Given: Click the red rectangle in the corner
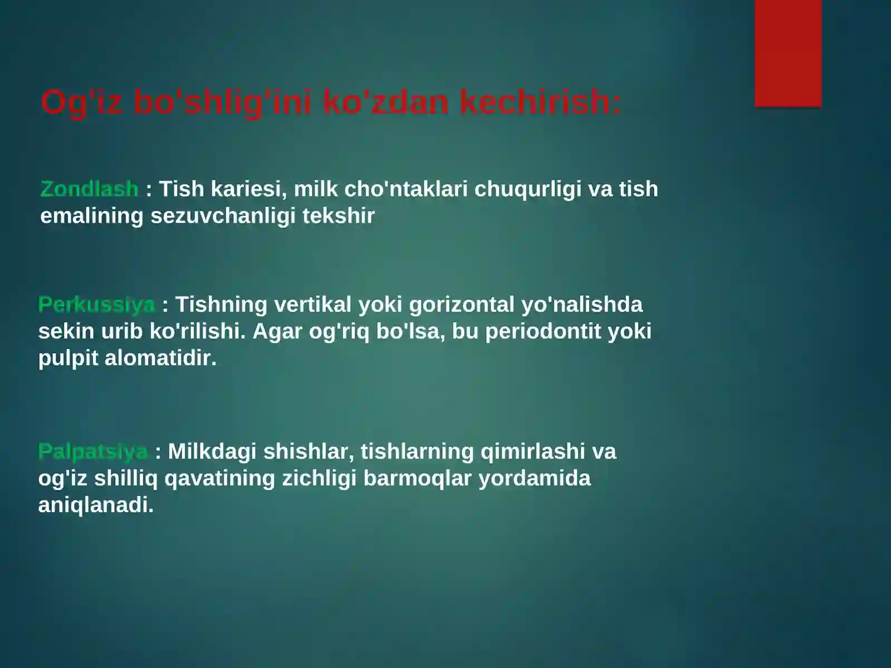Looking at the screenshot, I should point(788,53).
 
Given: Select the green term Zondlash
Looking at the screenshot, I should point(89,189).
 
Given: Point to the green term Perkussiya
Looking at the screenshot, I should point(96,305).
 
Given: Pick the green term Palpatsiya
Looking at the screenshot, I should point(93,451).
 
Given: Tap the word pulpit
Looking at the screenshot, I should point(68,358).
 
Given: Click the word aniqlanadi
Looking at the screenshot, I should point(96,505).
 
